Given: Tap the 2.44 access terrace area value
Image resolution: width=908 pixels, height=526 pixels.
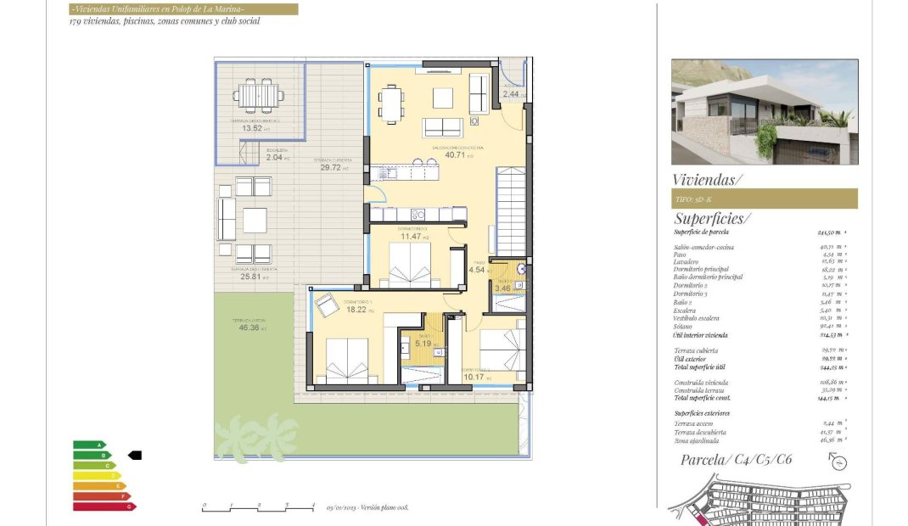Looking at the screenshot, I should pos(511,94).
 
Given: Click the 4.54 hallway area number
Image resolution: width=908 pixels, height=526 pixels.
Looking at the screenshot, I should pos(477,270).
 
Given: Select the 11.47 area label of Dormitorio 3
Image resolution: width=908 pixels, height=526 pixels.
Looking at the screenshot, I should pos(412,237).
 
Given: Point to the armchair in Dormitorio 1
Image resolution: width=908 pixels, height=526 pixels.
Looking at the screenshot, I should pos(327,303).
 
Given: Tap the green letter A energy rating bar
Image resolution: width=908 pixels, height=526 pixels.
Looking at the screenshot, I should pos(90,445).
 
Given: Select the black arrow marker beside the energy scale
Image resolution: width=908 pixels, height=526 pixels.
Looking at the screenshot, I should pos(134,456).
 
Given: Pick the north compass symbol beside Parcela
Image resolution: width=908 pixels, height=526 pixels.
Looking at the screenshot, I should pos(838,461).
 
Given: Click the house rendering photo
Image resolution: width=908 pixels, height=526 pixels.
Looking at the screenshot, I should pos(765,111).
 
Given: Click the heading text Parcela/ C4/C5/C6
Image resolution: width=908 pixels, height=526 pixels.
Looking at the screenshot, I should pos(737,460).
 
